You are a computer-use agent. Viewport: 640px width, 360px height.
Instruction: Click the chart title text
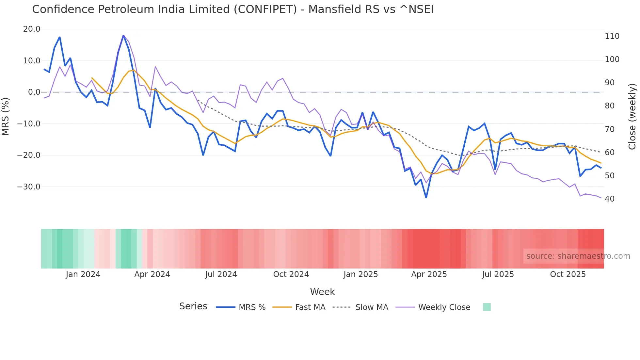(232, 9)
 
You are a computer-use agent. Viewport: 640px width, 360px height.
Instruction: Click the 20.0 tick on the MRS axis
(32, 29)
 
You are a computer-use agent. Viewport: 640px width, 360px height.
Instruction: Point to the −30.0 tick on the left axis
(29, 187)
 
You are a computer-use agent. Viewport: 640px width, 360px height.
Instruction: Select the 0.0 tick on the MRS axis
(34, 92)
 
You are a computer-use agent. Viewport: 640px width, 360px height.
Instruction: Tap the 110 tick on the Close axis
(612, 36)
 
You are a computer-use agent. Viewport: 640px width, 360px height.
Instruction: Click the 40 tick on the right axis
(610, 199)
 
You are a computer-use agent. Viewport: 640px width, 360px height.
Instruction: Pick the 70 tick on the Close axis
(610, 129)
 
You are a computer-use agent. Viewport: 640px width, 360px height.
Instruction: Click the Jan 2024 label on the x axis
(83, 274)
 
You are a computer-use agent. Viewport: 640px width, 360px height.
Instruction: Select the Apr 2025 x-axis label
(429, 274)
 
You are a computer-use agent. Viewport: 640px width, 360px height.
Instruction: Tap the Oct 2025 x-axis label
(568, 274)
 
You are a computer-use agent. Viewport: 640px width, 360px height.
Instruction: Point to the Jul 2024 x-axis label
(221, 274)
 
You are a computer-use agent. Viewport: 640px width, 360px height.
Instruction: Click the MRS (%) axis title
(6, 116)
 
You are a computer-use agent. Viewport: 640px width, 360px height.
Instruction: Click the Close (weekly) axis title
(632, 117)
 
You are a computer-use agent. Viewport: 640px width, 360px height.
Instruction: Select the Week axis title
(322, 292)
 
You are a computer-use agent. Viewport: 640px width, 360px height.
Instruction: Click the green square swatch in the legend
(487, 307)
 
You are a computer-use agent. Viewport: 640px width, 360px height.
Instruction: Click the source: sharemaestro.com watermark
(578, 256)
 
